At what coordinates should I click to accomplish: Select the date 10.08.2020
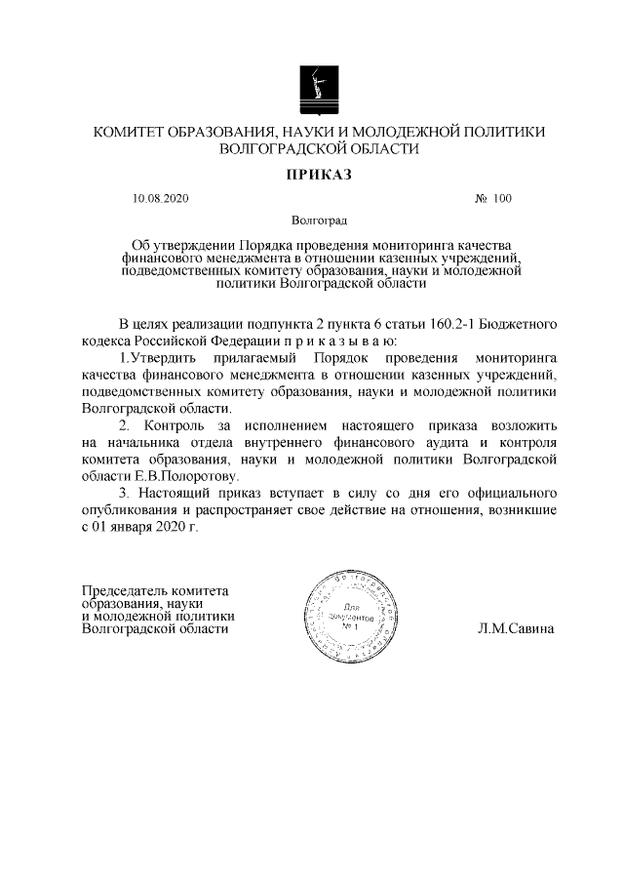pos(160,200)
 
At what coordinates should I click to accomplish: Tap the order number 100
pos(502,200)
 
